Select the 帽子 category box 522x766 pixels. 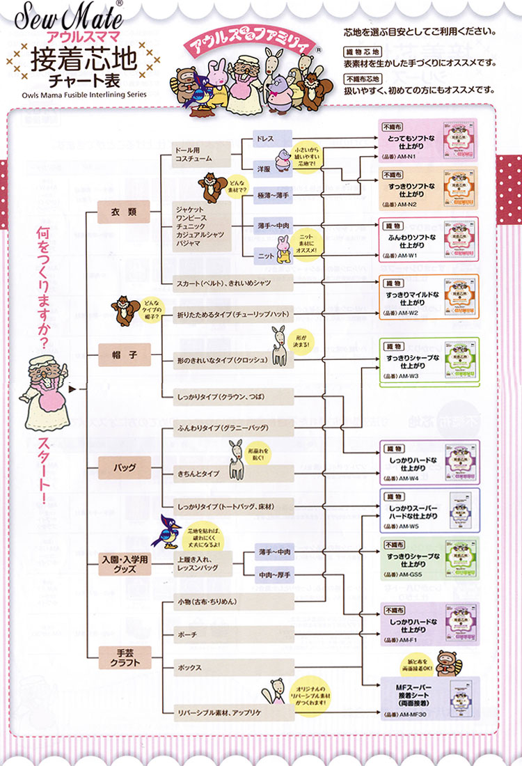tap(124, 354)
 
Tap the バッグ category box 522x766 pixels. tap(124, 467)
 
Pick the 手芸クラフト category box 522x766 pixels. tap(124, 657)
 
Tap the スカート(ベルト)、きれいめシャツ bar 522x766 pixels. tap(232, 283)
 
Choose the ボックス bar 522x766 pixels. tap(232, 668)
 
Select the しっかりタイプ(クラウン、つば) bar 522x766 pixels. tap(232, 397)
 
